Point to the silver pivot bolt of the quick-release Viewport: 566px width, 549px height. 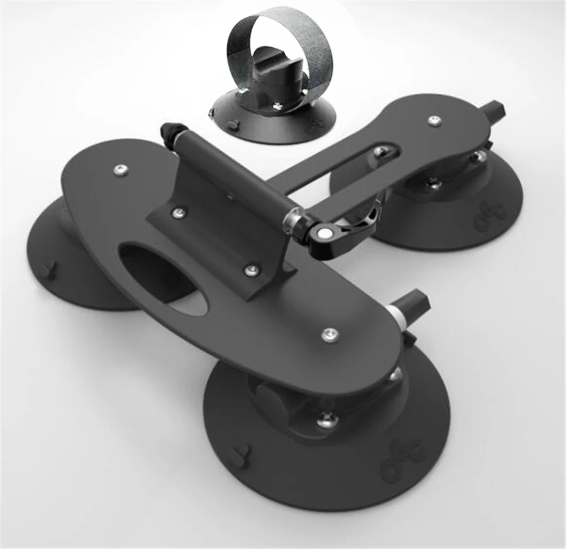pos(324,234)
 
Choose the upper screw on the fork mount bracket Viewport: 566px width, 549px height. pos(180,213)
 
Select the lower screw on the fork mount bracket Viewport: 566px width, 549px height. pos(252,270)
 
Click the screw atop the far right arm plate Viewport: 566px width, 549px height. pos(433,120)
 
